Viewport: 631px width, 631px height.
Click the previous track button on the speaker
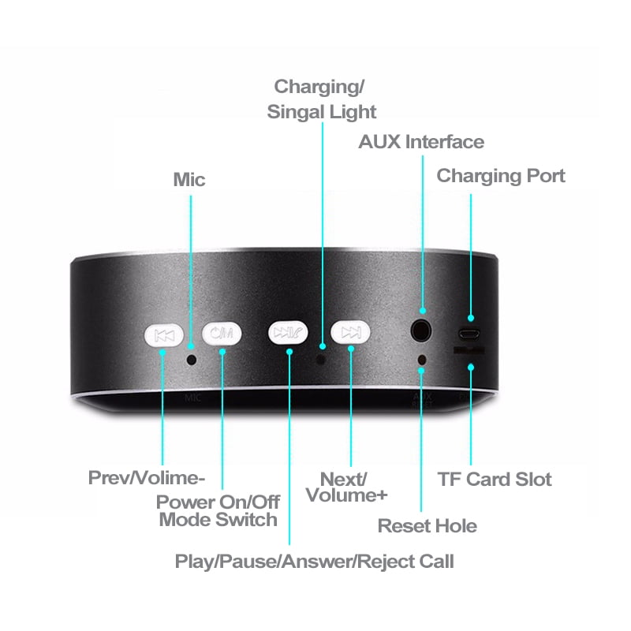coord(164,335)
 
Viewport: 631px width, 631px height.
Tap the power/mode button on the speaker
coord(222,334)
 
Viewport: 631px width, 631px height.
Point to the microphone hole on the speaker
coord(192,359)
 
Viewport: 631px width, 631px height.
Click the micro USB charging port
coord(469,331)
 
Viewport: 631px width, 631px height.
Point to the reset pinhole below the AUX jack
coord(422,360)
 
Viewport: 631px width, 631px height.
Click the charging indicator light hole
coord(321,359)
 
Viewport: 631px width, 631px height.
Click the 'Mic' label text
coord(189,180)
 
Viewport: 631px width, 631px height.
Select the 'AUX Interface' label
coord(421,142)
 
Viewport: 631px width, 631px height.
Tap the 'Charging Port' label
coord(501,175)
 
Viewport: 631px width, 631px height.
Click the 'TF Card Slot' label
coord(495,479)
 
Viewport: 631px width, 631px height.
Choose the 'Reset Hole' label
coord(428,526)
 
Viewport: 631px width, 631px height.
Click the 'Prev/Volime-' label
coord(147,478)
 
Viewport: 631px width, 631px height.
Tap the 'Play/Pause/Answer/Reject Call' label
coord(314,562)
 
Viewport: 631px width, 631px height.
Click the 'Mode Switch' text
coord(218,520)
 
